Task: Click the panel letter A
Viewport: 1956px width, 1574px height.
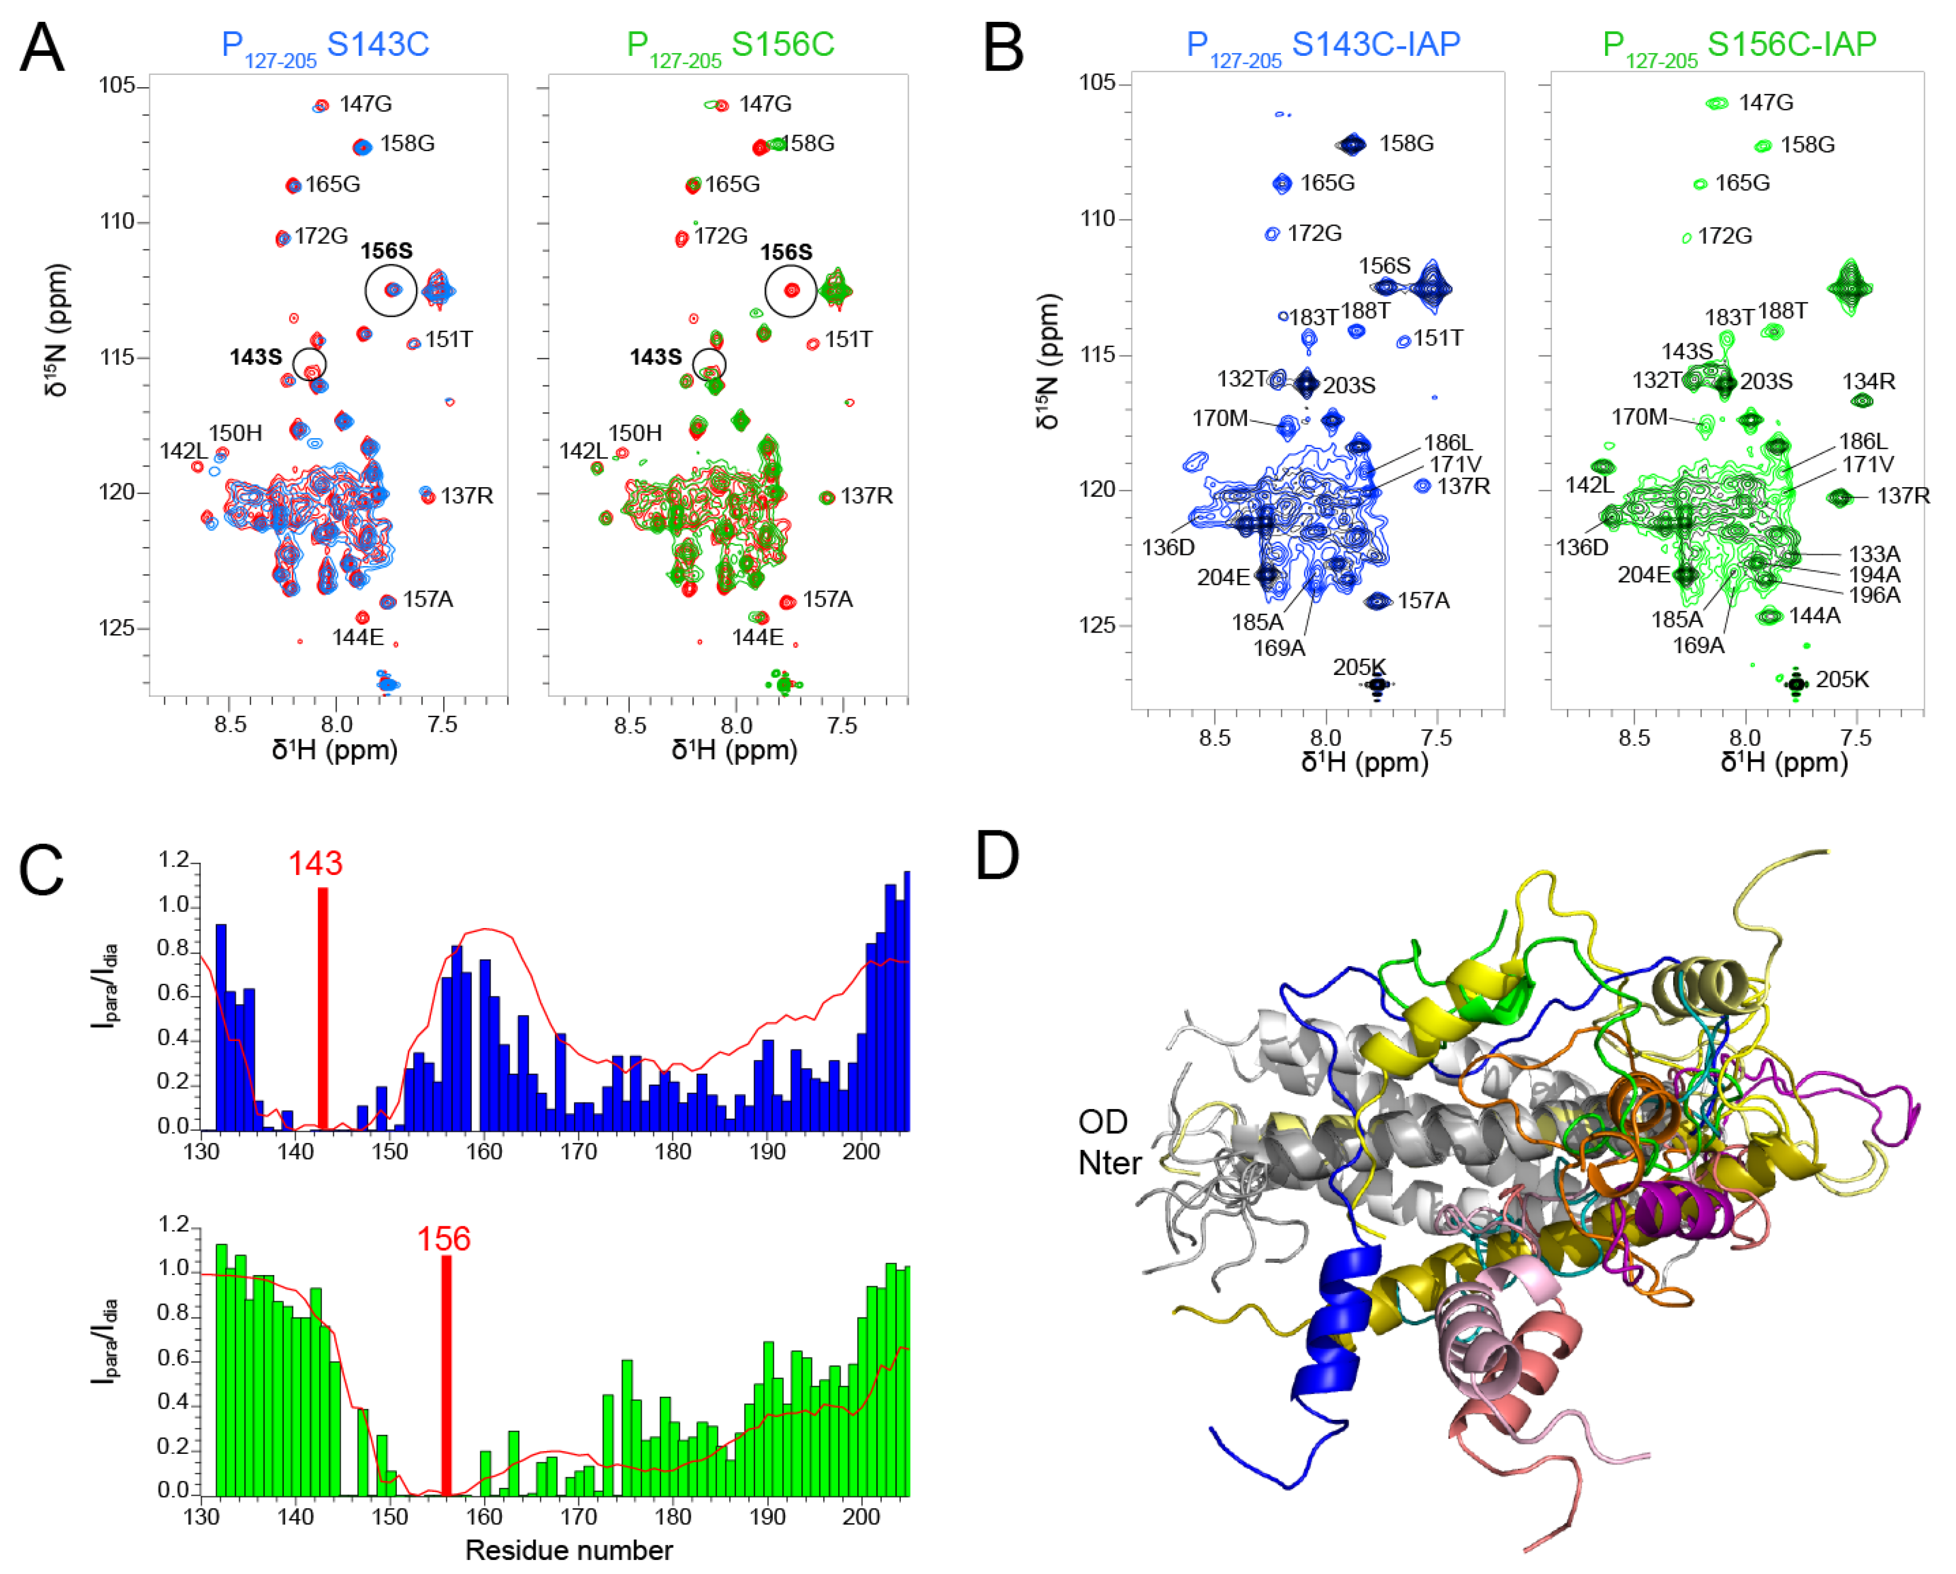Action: [x=42, y=47]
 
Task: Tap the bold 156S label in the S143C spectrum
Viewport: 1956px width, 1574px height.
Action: [x=387, y=251]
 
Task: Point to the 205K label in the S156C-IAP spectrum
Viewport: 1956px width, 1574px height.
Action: [x=1843, y=679]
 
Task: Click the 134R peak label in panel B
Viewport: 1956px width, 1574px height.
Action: [x=1868, y=381]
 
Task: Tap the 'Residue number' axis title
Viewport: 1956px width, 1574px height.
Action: [x=569, y=1549]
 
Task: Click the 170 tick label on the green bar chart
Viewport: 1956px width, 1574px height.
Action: [x=578, y=1516]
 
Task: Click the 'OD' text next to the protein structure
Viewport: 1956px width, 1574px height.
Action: [x=1102, y=1122]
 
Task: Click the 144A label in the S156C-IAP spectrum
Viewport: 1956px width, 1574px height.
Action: [x=1815, y=615]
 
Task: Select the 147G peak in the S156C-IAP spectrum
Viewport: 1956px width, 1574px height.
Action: [x=1716, y=103]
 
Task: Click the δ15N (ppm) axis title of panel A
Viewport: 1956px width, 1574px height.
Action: [x=56, y=331]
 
